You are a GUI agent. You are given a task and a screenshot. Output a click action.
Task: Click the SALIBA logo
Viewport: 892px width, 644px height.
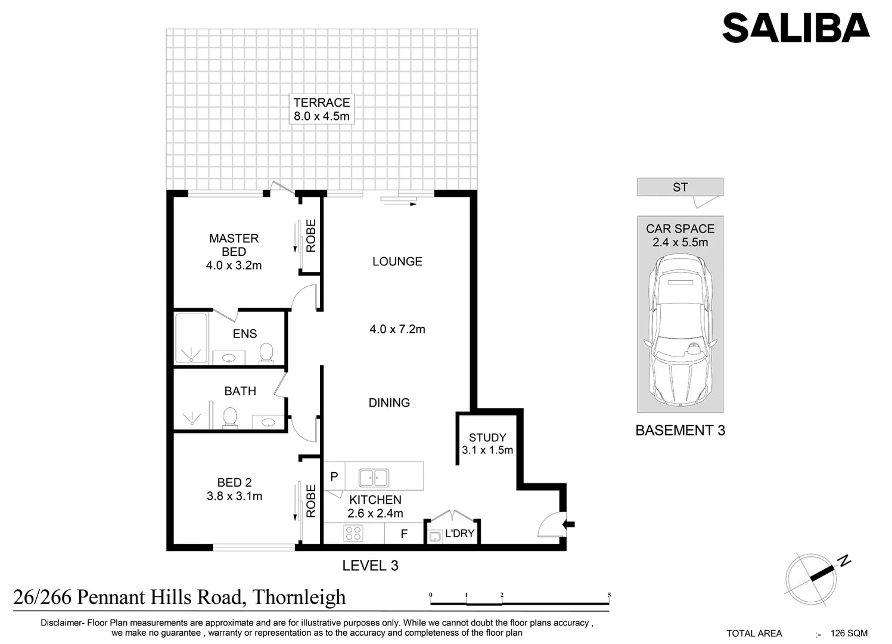click(x=795, y=28)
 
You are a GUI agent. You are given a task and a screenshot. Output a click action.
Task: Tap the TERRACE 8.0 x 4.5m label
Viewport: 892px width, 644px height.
click(x=322, y=109)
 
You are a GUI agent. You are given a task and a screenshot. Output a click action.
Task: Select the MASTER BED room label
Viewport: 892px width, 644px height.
click(x=234, y=245)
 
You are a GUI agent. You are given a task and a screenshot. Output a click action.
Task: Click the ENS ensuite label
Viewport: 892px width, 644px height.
click(x=245, y=334)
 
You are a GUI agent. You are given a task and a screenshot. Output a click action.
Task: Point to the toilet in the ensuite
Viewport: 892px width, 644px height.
click(x=266, y=352)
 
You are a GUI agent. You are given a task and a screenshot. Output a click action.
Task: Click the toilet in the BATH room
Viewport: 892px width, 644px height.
click(x=229, y=417)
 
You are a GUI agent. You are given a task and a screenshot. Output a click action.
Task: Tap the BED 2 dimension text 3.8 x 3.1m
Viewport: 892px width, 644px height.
click(x=234, y=496)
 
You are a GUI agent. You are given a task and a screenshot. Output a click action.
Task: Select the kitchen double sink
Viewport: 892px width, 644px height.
click(x=374, y=478)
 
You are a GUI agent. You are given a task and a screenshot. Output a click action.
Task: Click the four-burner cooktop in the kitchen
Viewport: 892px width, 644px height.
click(x=353, y=532)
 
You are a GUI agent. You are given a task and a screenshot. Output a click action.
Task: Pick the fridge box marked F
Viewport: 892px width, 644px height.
click(x=404, y=534)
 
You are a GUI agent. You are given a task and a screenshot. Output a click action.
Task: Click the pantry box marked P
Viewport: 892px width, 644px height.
click(x=334, y=476)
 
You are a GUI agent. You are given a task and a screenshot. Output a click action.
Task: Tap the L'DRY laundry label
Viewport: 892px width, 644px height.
click(x=459, y=533)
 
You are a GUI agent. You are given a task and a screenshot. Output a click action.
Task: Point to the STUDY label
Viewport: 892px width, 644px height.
click(x=487, y=437)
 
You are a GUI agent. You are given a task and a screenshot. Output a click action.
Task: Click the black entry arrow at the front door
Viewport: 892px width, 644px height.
click(x=569, y=524)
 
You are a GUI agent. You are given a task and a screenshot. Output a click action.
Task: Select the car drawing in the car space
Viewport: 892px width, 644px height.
click(x=680, y=331)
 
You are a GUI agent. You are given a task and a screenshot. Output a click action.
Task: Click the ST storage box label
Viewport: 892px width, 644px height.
click(x=680, y=187)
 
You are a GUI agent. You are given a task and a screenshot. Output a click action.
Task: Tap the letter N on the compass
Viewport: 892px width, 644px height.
click(x=844, y=561)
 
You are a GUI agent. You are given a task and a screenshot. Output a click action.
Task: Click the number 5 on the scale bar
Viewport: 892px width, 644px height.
click(x=609, y=595)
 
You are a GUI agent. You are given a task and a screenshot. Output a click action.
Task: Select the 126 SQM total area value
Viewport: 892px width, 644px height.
click(x=849, y=633)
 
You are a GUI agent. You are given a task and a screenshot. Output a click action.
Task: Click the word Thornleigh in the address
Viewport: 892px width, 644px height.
click(x=299, y=597)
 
